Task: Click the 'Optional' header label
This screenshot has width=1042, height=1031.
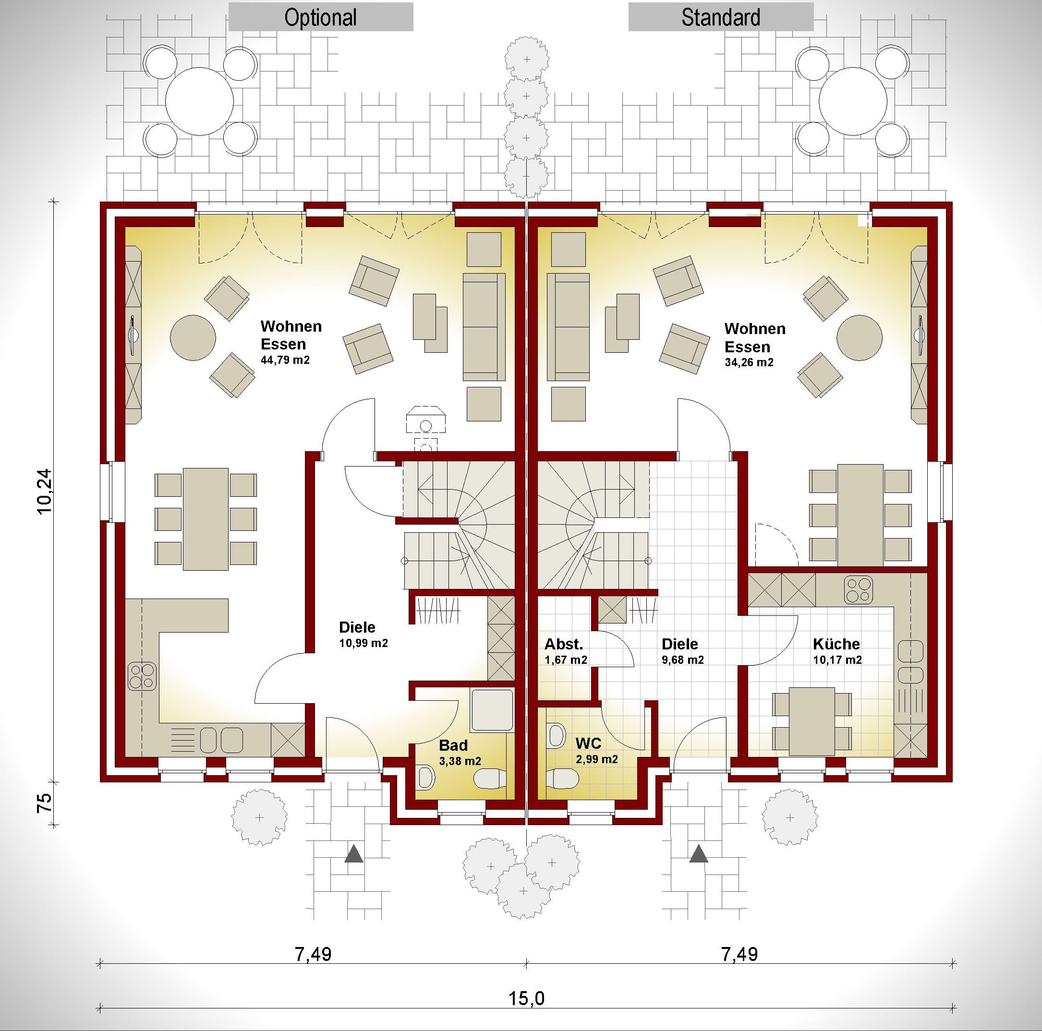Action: [x=320, y=17]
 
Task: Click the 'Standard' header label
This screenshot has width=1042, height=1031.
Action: [x=721, y=17]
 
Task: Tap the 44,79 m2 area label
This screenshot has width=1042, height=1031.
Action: [x=285, y=360]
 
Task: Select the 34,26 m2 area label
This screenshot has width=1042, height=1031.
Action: [x=749, y=362]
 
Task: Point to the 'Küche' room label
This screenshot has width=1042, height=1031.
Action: [x=836, y=644]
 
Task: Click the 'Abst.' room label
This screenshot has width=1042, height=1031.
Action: [x=564, y=644]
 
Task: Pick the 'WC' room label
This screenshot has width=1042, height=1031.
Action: [x=588, y=743]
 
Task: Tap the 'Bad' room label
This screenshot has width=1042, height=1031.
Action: [x=453, y=745]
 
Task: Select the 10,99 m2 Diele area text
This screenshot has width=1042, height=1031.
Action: [x=363, y=643]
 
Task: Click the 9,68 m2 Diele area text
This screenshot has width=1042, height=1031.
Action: [x=683, y=660]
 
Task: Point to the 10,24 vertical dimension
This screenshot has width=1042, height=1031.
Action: [x=45, y=491]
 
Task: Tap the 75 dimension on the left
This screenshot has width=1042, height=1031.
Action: [x=44, y=803]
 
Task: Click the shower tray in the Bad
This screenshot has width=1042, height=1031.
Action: [x=492, y=709]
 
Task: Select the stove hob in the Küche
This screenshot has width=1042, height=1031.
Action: [x=858, y=589]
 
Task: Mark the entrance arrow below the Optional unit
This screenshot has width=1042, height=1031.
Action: [x=354, y=853]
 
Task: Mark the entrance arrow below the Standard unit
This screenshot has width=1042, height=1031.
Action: [x=699, y=853]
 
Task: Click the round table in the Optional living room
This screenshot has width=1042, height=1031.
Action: [x=193, y=338]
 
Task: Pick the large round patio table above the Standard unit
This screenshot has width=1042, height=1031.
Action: [x=853, y=101]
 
